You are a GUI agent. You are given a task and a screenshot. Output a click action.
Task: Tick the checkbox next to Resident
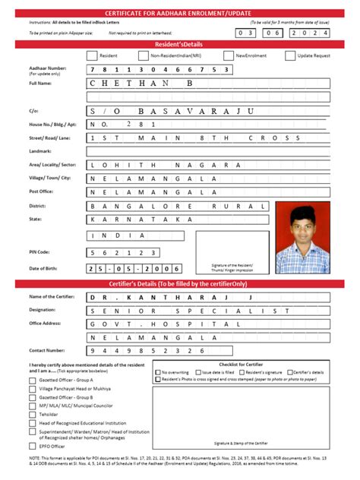[x=92, y=55]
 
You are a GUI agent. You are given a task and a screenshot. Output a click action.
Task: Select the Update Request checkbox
[x=290, y=55]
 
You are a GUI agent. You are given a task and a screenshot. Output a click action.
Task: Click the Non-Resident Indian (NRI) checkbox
[x=143, y=55]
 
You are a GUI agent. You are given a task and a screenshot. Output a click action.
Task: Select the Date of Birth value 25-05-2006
[x=134, y=269]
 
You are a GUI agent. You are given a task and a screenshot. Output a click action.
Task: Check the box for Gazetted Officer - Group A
[x=33, y=379]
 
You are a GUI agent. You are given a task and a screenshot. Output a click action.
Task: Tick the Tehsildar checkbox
[x=33, y=415]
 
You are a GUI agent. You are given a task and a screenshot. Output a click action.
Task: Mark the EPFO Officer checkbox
[x=33, y=447]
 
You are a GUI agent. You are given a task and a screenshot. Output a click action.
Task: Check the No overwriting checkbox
[x=158, y=372]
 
